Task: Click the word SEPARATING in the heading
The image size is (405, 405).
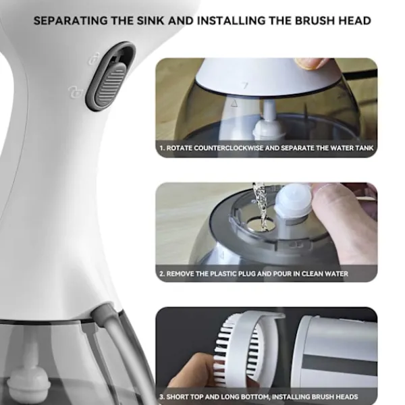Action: tap(70, 21)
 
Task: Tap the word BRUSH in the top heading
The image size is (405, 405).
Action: tap(317, 21)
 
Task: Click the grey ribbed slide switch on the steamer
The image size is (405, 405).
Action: tap(111, 84)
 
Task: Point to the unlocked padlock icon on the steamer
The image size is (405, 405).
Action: tap(94, 59)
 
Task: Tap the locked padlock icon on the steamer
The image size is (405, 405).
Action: tap(76, 92)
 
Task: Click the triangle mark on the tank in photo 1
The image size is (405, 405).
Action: tap(234, 103)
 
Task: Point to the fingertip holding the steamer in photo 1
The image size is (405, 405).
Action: tap(310, 63)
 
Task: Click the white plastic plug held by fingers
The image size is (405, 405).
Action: tap(294, 200)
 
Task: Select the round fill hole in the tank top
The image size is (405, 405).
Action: tap(261, 224)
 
